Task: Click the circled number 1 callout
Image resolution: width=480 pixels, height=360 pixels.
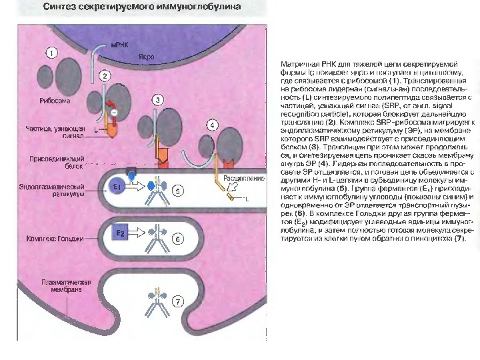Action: click(x=50, y=52)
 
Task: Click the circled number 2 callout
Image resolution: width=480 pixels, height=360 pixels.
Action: click(x=105, y=76)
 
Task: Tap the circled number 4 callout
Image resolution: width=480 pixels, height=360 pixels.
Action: click(x=211, y=125)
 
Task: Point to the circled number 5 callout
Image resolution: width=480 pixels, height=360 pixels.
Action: click(x=177, y=191)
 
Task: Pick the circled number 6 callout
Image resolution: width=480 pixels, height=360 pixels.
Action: click(x=177, y=238)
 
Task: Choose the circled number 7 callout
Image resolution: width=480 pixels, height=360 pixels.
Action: click(x=177, y=301)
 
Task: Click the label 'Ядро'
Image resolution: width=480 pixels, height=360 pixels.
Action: click(x=146, y=57)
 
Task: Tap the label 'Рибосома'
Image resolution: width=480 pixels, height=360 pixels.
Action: click(x=55, y=101)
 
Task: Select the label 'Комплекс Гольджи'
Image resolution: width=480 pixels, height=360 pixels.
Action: click(x=55, y=238)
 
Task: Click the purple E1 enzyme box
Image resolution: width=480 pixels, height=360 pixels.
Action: click(x=117, y=187)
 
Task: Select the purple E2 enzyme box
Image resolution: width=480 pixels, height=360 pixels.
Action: click(x=120, y=234)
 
